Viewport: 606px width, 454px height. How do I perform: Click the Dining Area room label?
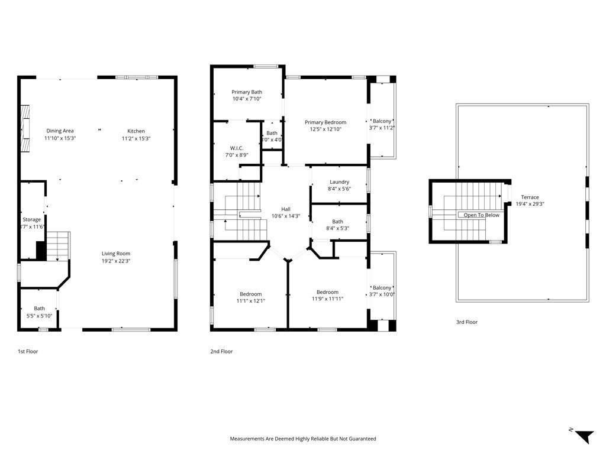pyautogui.click(x=60, y=131)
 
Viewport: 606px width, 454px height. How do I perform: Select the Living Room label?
pyautogui.click(x=115, y=254)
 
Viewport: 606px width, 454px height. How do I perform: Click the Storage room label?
pyautogui.click(x=32, y=220)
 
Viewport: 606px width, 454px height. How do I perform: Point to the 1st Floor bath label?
pyautogui.click(x=39, y=309)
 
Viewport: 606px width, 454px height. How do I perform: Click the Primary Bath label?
pyautogui.click(x=247, y=92)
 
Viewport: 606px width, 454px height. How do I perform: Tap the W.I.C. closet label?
pyautogui.click(x=237, y=148)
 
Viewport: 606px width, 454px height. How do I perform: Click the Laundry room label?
pyautogui.click(x=339, y=182)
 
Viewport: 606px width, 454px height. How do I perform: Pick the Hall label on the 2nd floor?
pyautogui.click(x=285, y=209)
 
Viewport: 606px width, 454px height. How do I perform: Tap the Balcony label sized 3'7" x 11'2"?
pyautogui.click(x=382, y=121)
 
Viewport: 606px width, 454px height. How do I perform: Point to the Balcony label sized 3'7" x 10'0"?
pyautogui.click(x=382, y=288)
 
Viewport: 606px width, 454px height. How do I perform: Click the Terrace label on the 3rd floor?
pyautogui.click(x=530, y=197)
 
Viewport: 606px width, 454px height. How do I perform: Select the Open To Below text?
pyautogui.click(x=481, y=215)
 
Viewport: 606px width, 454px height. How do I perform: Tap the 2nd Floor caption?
pyautogui.click(x=221, y=352)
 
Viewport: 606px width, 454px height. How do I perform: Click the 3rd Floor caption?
pyautogui.click(x=466, y=322)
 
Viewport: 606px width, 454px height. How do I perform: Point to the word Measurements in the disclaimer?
pyautogui.click(x=247, y=439)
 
